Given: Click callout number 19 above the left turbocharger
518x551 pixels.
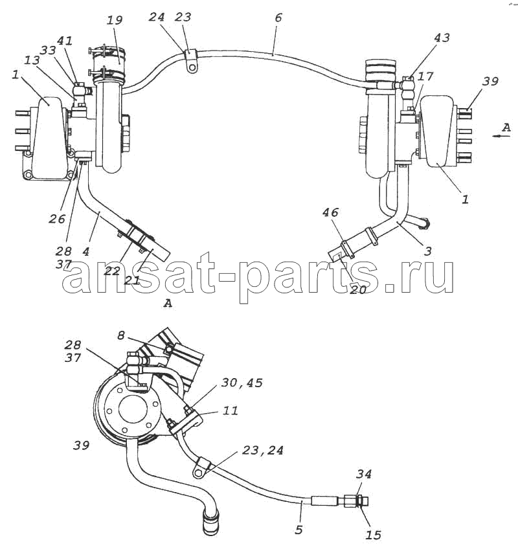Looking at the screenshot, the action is tap(115, 19).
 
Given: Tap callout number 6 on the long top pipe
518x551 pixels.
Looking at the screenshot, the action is tap(278, 17).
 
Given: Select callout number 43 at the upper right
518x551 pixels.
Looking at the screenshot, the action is tap(442, 38).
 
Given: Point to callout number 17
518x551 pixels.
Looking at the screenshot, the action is tap(425, 76).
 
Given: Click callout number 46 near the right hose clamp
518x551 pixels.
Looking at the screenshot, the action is tap(330, 212).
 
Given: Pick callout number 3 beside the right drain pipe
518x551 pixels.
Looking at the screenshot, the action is tap(428, 251).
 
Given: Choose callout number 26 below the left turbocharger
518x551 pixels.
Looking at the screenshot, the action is tap(57, 219).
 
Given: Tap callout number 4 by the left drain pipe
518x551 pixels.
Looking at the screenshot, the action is tap(85, 251).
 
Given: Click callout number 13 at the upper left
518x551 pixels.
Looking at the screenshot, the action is tap(32, 60).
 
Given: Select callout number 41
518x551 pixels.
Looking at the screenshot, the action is tap(65, 41).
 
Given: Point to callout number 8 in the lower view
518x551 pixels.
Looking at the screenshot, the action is tap(121, 335).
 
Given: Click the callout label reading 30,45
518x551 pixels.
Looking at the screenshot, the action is tap(242, 382).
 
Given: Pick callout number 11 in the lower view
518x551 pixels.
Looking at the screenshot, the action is tap(231, 410).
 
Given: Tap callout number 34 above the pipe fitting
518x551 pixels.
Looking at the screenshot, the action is tap(363, 474).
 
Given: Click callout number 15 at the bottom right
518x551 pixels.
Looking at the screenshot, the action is tap(373, 535).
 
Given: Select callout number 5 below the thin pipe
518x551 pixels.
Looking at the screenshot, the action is tap(298, 530).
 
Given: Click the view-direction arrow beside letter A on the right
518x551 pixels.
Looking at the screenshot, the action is tap(501, 136).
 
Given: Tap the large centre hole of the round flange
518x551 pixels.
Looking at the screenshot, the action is tap(133, 410).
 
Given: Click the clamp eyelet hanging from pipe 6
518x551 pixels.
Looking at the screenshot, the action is tap(191, 66).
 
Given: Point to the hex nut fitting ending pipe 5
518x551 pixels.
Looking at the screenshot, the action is tap(351, 500).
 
